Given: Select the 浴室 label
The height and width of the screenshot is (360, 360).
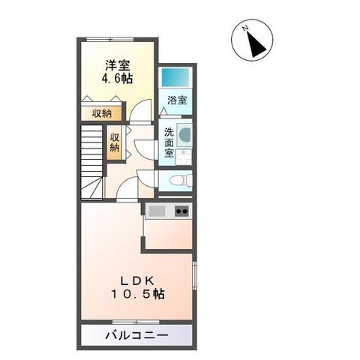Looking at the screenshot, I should tap(177, 100).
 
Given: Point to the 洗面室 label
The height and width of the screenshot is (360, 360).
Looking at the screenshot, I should tap(169, 142).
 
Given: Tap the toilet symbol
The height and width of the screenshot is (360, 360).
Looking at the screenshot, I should tap(178, 180).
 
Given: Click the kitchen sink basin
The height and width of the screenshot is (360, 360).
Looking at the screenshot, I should tap(157, 211).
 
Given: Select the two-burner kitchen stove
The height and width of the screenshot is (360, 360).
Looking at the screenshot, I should tap(181, 211).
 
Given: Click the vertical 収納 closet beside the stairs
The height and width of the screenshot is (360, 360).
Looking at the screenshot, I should tap(115, 142).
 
